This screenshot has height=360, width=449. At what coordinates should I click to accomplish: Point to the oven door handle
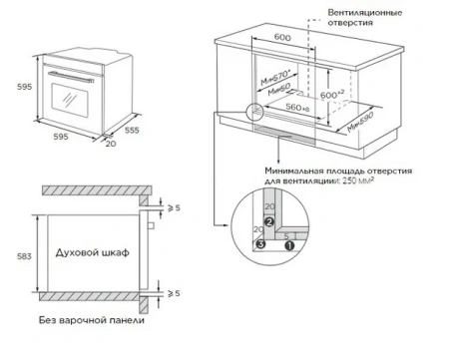pyautogui.click(x=69, y=77)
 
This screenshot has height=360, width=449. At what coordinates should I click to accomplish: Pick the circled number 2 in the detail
pyautogui.click(x=267, y=223)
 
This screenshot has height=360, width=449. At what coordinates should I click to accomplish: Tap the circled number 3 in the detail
pyautogui.click(x=260, y=240)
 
